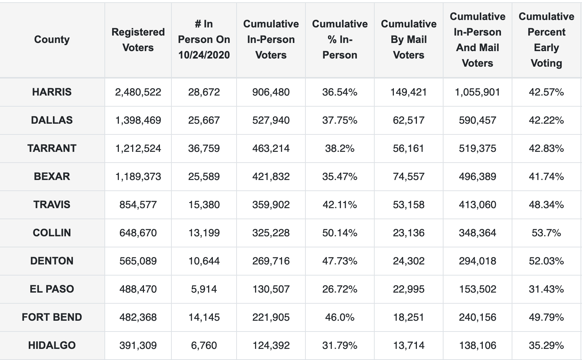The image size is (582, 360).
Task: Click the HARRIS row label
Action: (x=52, y=92)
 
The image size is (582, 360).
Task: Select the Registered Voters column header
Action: (x=138, y=40)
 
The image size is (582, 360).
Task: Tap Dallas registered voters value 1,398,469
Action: (x=138, y=120)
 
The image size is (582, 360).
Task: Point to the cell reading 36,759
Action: (x=204, y=149)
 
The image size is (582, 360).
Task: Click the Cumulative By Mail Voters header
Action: (x=408, y=40)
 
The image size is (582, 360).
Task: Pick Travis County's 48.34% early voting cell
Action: (x=546, y=205)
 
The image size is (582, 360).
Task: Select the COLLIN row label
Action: (x=52, y=233)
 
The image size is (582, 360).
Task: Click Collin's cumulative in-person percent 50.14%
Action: (x=339, y=233)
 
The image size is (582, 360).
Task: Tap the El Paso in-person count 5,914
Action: (x=204, y=289)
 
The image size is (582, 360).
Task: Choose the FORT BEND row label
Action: (x=52, y=317)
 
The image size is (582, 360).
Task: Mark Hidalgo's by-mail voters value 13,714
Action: (x=408, y=346)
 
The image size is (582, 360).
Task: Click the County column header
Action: (x=52, y=40)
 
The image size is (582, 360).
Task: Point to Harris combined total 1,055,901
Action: (x=477, y=92)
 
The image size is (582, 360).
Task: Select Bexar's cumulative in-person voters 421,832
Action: (x=271, y=177)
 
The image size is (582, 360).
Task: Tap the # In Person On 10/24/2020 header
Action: (x=204, y=40)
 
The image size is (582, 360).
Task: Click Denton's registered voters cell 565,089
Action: (x=138, y=261)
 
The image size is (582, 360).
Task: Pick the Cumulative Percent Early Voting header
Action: (x=546, y=40)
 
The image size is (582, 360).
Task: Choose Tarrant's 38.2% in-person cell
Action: (x=339, y=149)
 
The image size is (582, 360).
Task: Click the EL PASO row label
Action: (x=52, y=289)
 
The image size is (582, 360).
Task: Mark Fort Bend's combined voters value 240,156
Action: (x=477, y=317)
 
